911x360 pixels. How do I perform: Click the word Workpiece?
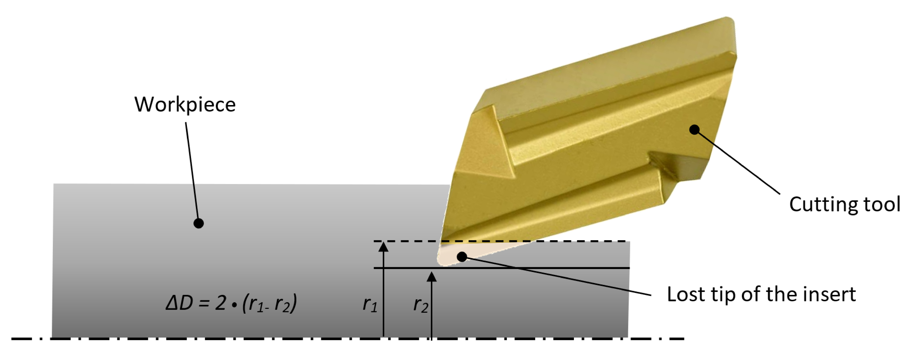tap(184, 105)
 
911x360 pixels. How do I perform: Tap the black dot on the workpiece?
tap(199, 223)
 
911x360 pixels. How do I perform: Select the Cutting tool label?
tap(844, 204)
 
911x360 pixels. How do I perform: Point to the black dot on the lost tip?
tap(462, 257)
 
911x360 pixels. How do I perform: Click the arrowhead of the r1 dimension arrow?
tap(383, 246)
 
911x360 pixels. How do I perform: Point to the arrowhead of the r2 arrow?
tap(431, 277)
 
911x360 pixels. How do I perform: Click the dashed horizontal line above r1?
tap(566, 241)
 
